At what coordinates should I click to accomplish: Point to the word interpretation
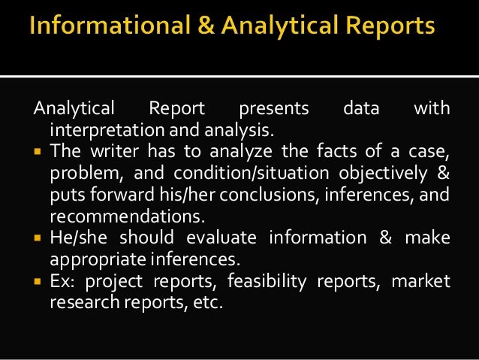point(103,130)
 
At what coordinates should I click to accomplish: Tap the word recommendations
point(127,217)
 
